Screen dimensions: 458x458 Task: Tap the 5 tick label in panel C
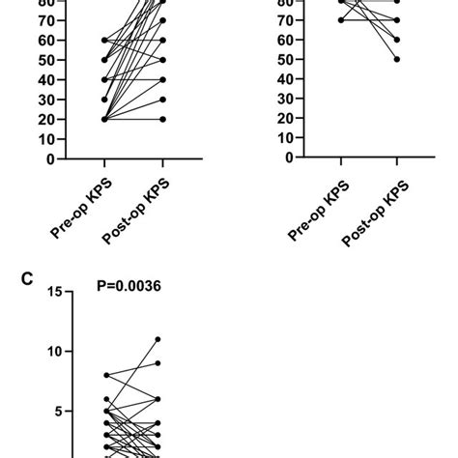tap(58, 411)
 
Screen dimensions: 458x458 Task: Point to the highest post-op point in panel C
tap(157, 339)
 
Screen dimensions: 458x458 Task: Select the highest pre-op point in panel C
tap(105, 375)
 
